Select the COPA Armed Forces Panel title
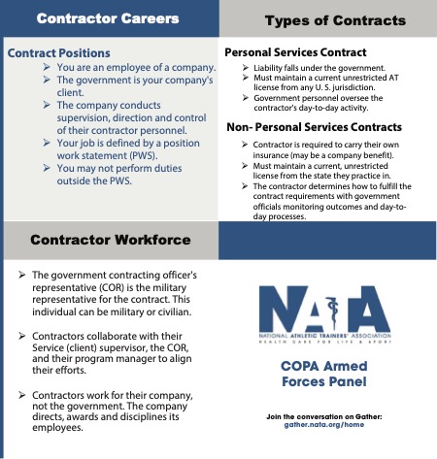coord(327,374)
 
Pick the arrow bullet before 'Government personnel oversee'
coord(244,98)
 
